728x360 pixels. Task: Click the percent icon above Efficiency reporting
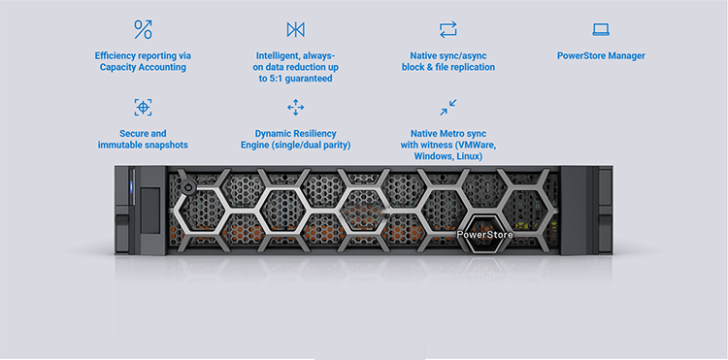[143, 29]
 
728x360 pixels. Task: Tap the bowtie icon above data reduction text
[295, 30]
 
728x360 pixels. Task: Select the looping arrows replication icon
[448, 30]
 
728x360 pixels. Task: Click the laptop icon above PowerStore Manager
[601, 30]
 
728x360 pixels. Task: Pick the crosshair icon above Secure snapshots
[143, 107]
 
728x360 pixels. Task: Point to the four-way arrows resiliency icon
[295, 107]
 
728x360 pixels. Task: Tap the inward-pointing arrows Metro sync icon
[448, 107]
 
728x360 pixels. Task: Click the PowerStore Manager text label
[601, 56]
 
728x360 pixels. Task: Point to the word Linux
[470, 157]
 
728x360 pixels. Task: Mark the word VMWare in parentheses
[479, 146]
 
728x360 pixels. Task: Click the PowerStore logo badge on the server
[484, 234]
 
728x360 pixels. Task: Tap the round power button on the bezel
[187, 188]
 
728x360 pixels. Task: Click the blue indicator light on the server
[131, 187]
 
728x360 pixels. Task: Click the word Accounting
[163, 68]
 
